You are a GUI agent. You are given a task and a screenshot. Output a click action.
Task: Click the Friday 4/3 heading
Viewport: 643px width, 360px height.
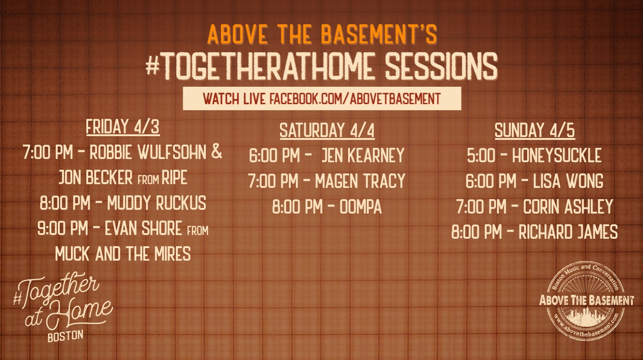[x=123, y=127]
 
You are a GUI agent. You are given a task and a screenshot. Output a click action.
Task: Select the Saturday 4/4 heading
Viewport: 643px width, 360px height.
[x=327, y=131]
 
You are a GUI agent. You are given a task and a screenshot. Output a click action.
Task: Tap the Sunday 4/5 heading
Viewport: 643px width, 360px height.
[x=535, y=131]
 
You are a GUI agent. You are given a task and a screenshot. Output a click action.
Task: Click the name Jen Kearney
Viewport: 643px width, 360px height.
[x=363, y=155]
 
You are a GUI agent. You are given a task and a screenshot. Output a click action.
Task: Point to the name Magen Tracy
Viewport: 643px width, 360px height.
[x=360, y=181]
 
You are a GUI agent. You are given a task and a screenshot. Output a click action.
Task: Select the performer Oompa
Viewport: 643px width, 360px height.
[x=361, y=207]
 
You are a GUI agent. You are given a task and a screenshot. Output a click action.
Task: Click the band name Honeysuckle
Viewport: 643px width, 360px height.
[x=557, y=155]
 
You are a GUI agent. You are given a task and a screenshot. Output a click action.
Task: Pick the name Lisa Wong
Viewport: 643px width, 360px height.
[x=568, y=181]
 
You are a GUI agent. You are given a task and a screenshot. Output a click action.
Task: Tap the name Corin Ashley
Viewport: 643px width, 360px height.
[x=568, y=207]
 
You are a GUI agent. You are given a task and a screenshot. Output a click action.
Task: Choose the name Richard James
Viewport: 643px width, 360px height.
[x=568, y=232]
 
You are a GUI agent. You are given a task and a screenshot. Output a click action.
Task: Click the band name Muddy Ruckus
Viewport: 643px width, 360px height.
[x=156, y=203]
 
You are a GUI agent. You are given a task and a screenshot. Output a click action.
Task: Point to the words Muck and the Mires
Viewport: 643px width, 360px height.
[x=123, y=254]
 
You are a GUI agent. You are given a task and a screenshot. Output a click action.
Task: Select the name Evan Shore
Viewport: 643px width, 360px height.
[x=143, y=228]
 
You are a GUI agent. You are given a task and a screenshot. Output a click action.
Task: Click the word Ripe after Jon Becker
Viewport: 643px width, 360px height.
[x=175, y=178]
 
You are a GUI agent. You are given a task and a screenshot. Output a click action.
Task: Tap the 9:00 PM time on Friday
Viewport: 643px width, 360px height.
[x=63, y=228]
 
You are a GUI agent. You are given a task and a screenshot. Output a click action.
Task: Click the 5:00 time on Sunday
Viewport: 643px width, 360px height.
[x=481, y=155]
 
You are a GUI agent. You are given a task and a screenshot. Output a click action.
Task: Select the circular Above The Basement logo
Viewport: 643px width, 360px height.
[x=586, y=301]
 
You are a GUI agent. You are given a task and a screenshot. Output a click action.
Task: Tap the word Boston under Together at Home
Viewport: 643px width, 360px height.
[x=65, y=336]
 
